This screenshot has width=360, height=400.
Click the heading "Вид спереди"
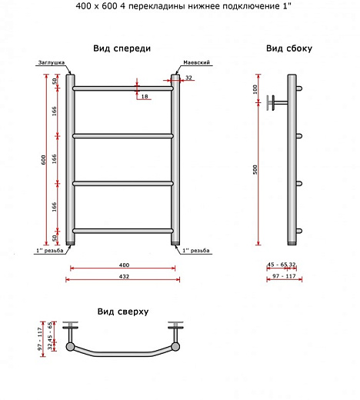tap(122, 48)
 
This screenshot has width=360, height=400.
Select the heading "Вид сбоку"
tap(289, 48)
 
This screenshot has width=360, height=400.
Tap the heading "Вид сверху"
tap(123, 312)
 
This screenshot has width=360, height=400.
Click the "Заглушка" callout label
tap(52, 62)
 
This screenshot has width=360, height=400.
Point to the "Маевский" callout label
tap(196, 62)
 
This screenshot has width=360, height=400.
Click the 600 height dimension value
tap(43, 160)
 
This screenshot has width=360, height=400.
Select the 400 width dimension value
tap(124, 265)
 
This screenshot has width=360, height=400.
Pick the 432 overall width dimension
tap(124, 276)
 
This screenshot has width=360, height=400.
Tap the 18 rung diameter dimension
tap(145, 96)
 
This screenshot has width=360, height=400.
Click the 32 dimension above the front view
tap(188, 78)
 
